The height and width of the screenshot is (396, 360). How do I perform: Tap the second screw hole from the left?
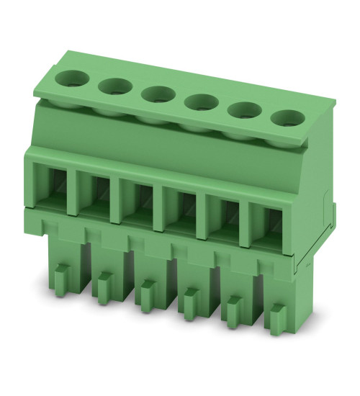[114, 86]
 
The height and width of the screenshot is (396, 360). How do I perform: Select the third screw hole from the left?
[156, 94]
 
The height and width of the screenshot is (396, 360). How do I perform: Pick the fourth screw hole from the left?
[197, 103]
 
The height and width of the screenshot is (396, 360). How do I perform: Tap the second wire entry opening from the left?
[93, 196]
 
